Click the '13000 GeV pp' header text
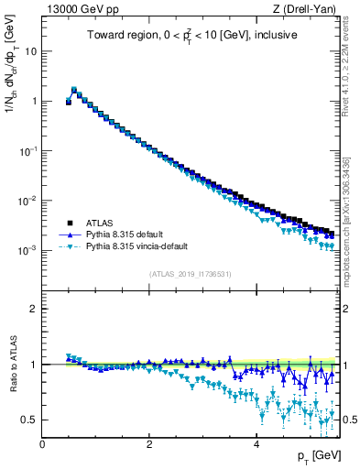tap(81, 10)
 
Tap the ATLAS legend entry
tap(99, 223)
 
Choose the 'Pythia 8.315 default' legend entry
tap(128, 234)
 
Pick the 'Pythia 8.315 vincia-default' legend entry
tap(140, 246)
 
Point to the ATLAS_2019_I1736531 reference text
tap(191, 274)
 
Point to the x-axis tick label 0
tap(42, 444)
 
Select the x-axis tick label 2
tap(149, 444)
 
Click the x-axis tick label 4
tap(256, 444)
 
